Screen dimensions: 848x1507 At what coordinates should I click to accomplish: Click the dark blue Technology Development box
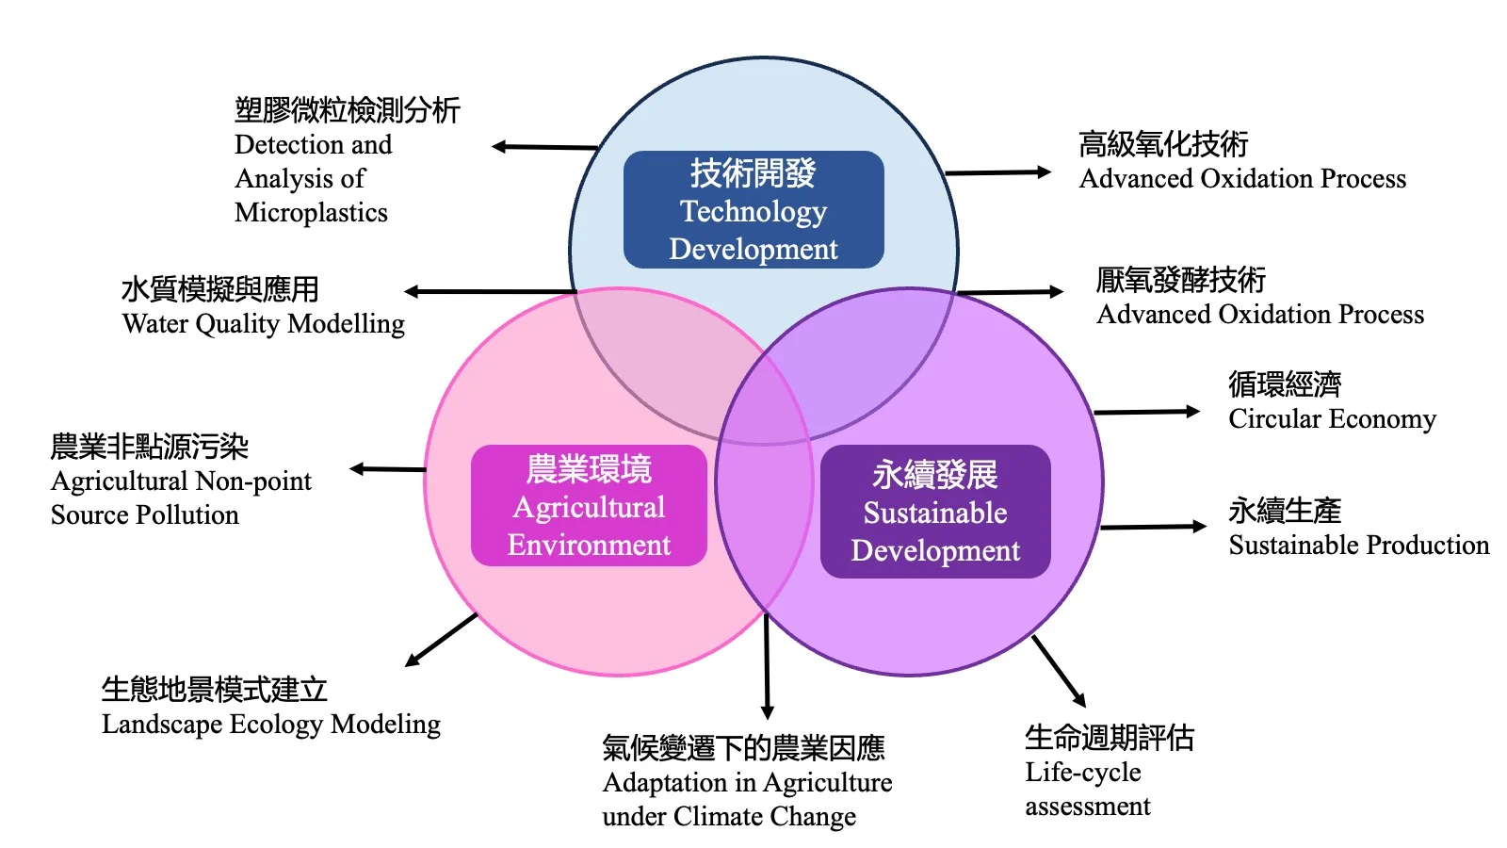point(753,209)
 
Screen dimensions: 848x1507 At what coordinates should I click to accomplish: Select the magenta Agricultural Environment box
point(589,506)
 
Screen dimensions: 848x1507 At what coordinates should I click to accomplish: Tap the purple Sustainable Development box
point(935,512)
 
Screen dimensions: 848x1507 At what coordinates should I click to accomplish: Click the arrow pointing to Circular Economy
point(1146,412)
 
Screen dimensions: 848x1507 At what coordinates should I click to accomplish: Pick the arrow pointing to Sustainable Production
point(1153,527)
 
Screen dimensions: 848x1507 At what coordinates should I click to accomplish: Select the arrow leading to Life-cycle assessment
point(1060,672)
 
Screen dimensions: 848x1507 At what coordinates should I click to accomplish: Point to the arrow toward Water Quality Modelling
point(490,291)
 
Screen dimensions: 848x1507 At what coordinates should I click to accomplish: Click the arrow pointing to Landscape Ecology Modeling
point(441,640)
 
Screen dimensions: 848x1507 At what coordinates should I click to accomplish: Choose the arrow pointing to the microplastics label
point(544,147)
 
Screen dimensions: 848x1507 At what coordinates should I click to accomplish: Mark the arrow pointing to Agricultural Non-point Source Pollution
point(387,468)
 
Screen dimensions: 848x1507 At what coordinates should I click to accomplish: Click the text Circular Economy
point(1332,418)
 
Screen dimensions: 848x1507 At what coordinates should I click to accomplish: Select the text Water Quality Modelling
point(264,324)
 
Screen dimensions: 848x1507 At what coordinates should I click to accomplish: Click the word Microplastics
point(311,213)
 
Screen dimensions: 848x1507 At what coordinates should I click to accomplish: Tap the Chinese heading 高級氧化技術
point(1163,144)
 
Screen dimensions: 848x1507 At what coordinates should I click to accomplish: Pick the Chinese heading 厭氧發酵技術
point(1181,280)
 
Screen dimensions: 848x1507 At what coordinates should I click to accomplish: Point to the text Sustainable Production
point(1358,545)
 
